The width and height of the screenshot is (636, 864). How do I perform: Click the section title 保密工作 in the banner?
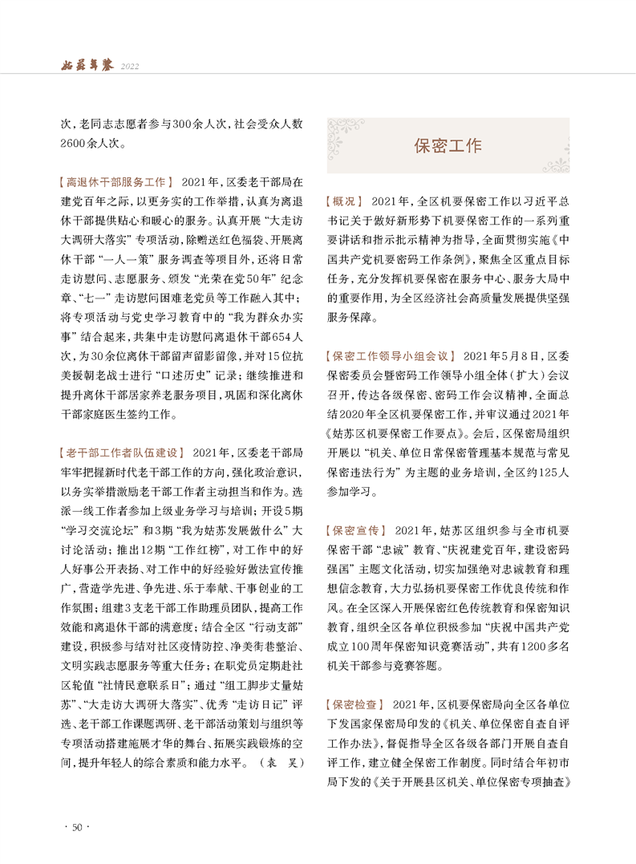pos(448,146)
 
